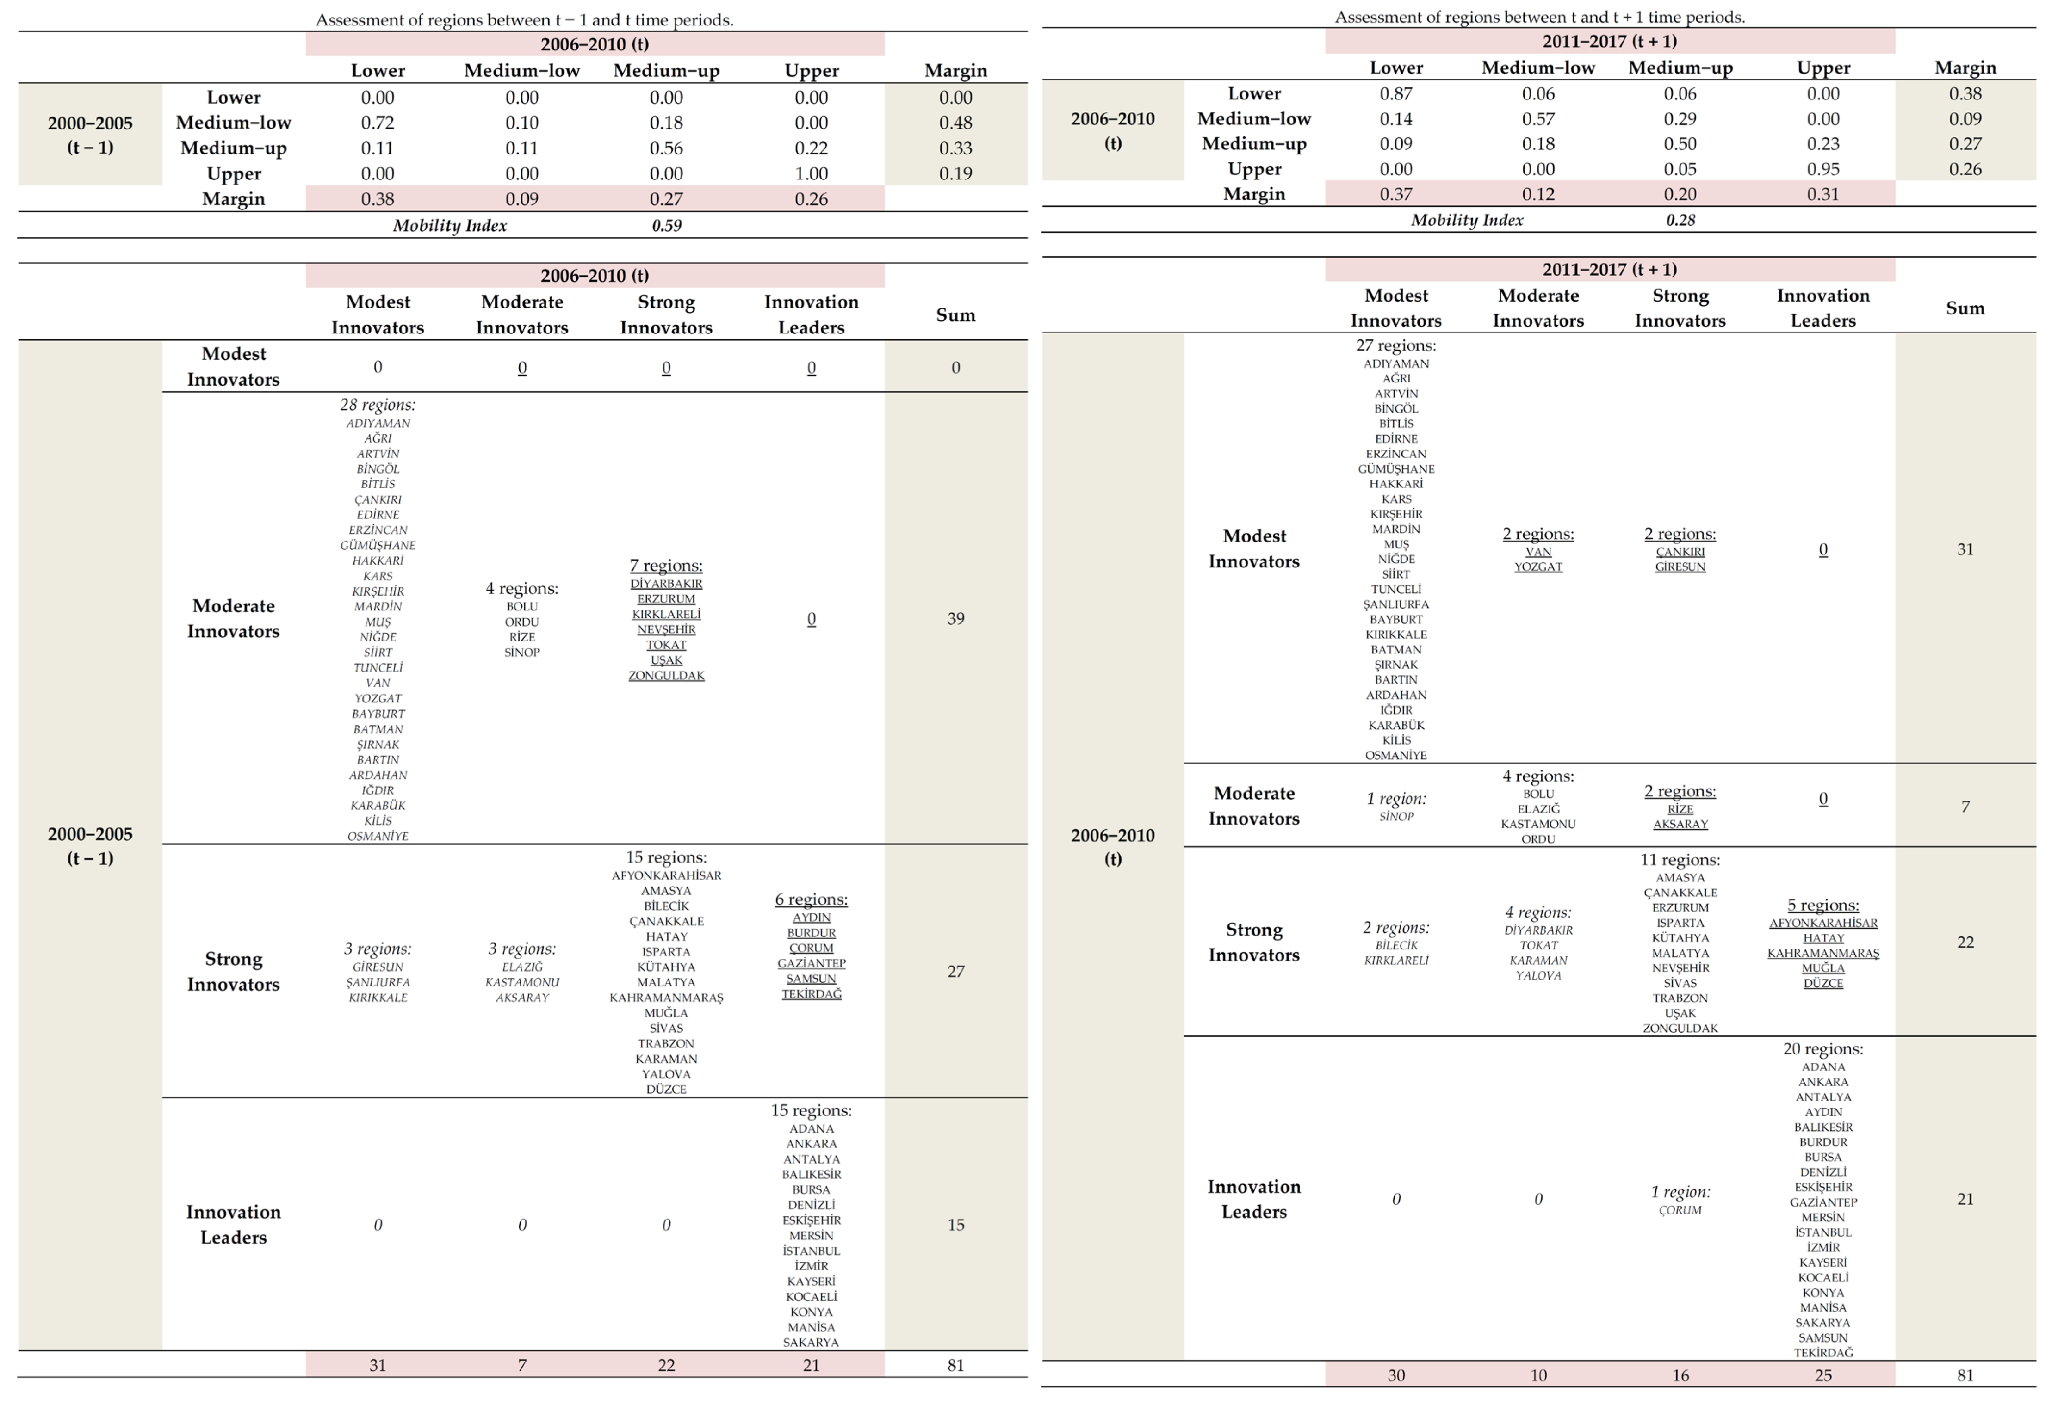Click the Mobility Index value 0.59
click(x=666, y=226)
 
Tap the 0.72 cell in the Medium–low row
click(x=378, y=123)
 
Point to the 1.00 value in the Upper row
click(x=811, y=174)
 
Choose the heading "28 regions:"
click(x=378, y=405)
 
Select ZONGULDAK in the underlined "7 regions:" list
click(x=666, y=676)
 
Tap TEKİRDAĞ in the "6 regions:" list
click(x=811, y=994)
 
